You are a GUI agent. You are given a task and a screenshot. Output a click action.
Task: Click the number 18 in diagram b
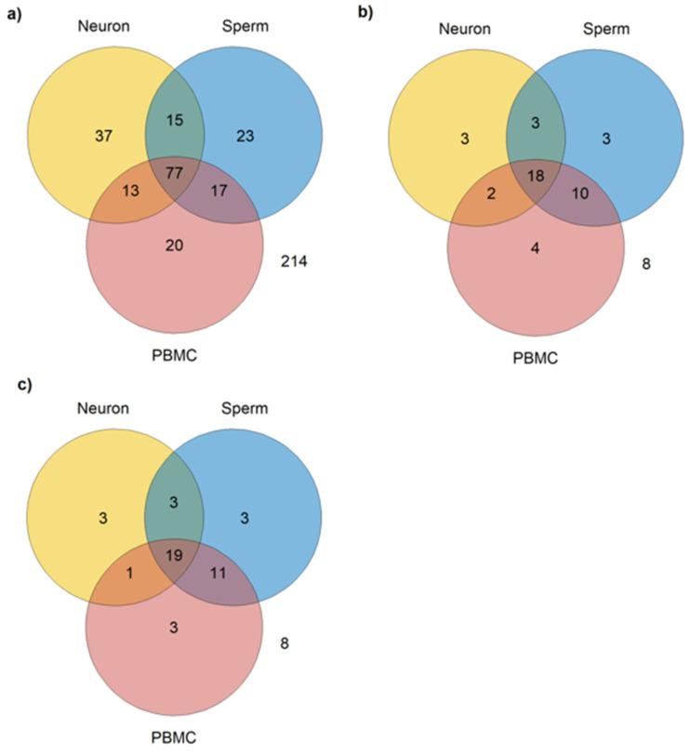(x=536, y=176)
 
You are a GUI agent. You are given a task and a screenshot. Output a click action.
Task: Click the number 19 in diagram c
(x=174, y=556)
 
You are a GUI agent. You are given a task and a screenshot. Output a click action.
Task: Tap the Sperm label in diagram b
(x=607, y=29)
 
